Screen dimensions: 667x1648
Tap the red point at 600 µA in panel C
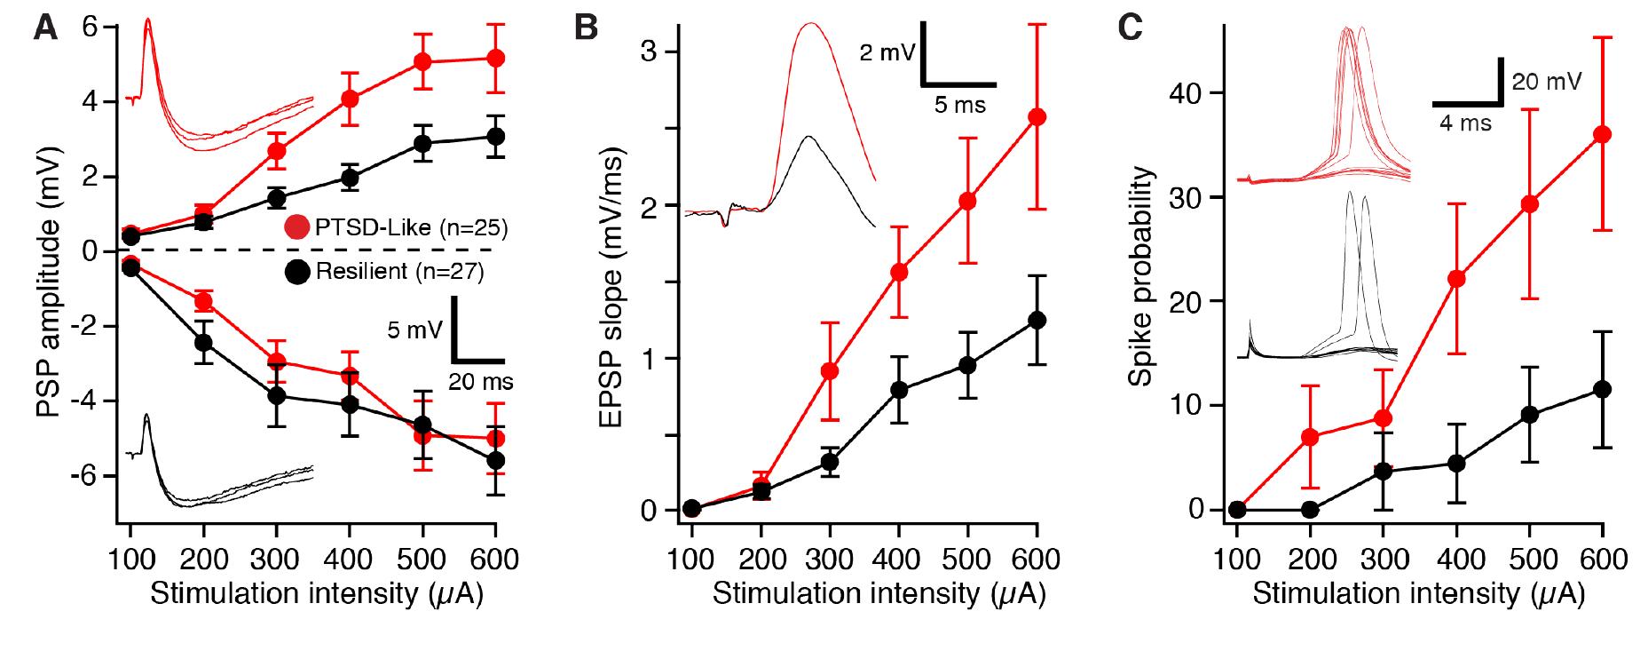point(1603,134)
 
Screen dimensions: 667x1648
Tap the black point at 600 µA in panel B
point(1037,321)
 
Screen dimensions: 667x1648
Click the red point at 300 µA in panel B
point(830,370)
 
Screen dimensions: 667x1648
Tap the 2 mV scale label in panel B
point(887,53)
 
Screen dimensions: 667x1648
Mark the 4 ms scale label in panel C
point(1464,123)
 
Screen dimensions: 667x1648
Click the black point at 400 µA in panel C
point(1456,463)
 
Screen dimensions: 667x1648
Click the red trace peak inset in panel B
point(809,25)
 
